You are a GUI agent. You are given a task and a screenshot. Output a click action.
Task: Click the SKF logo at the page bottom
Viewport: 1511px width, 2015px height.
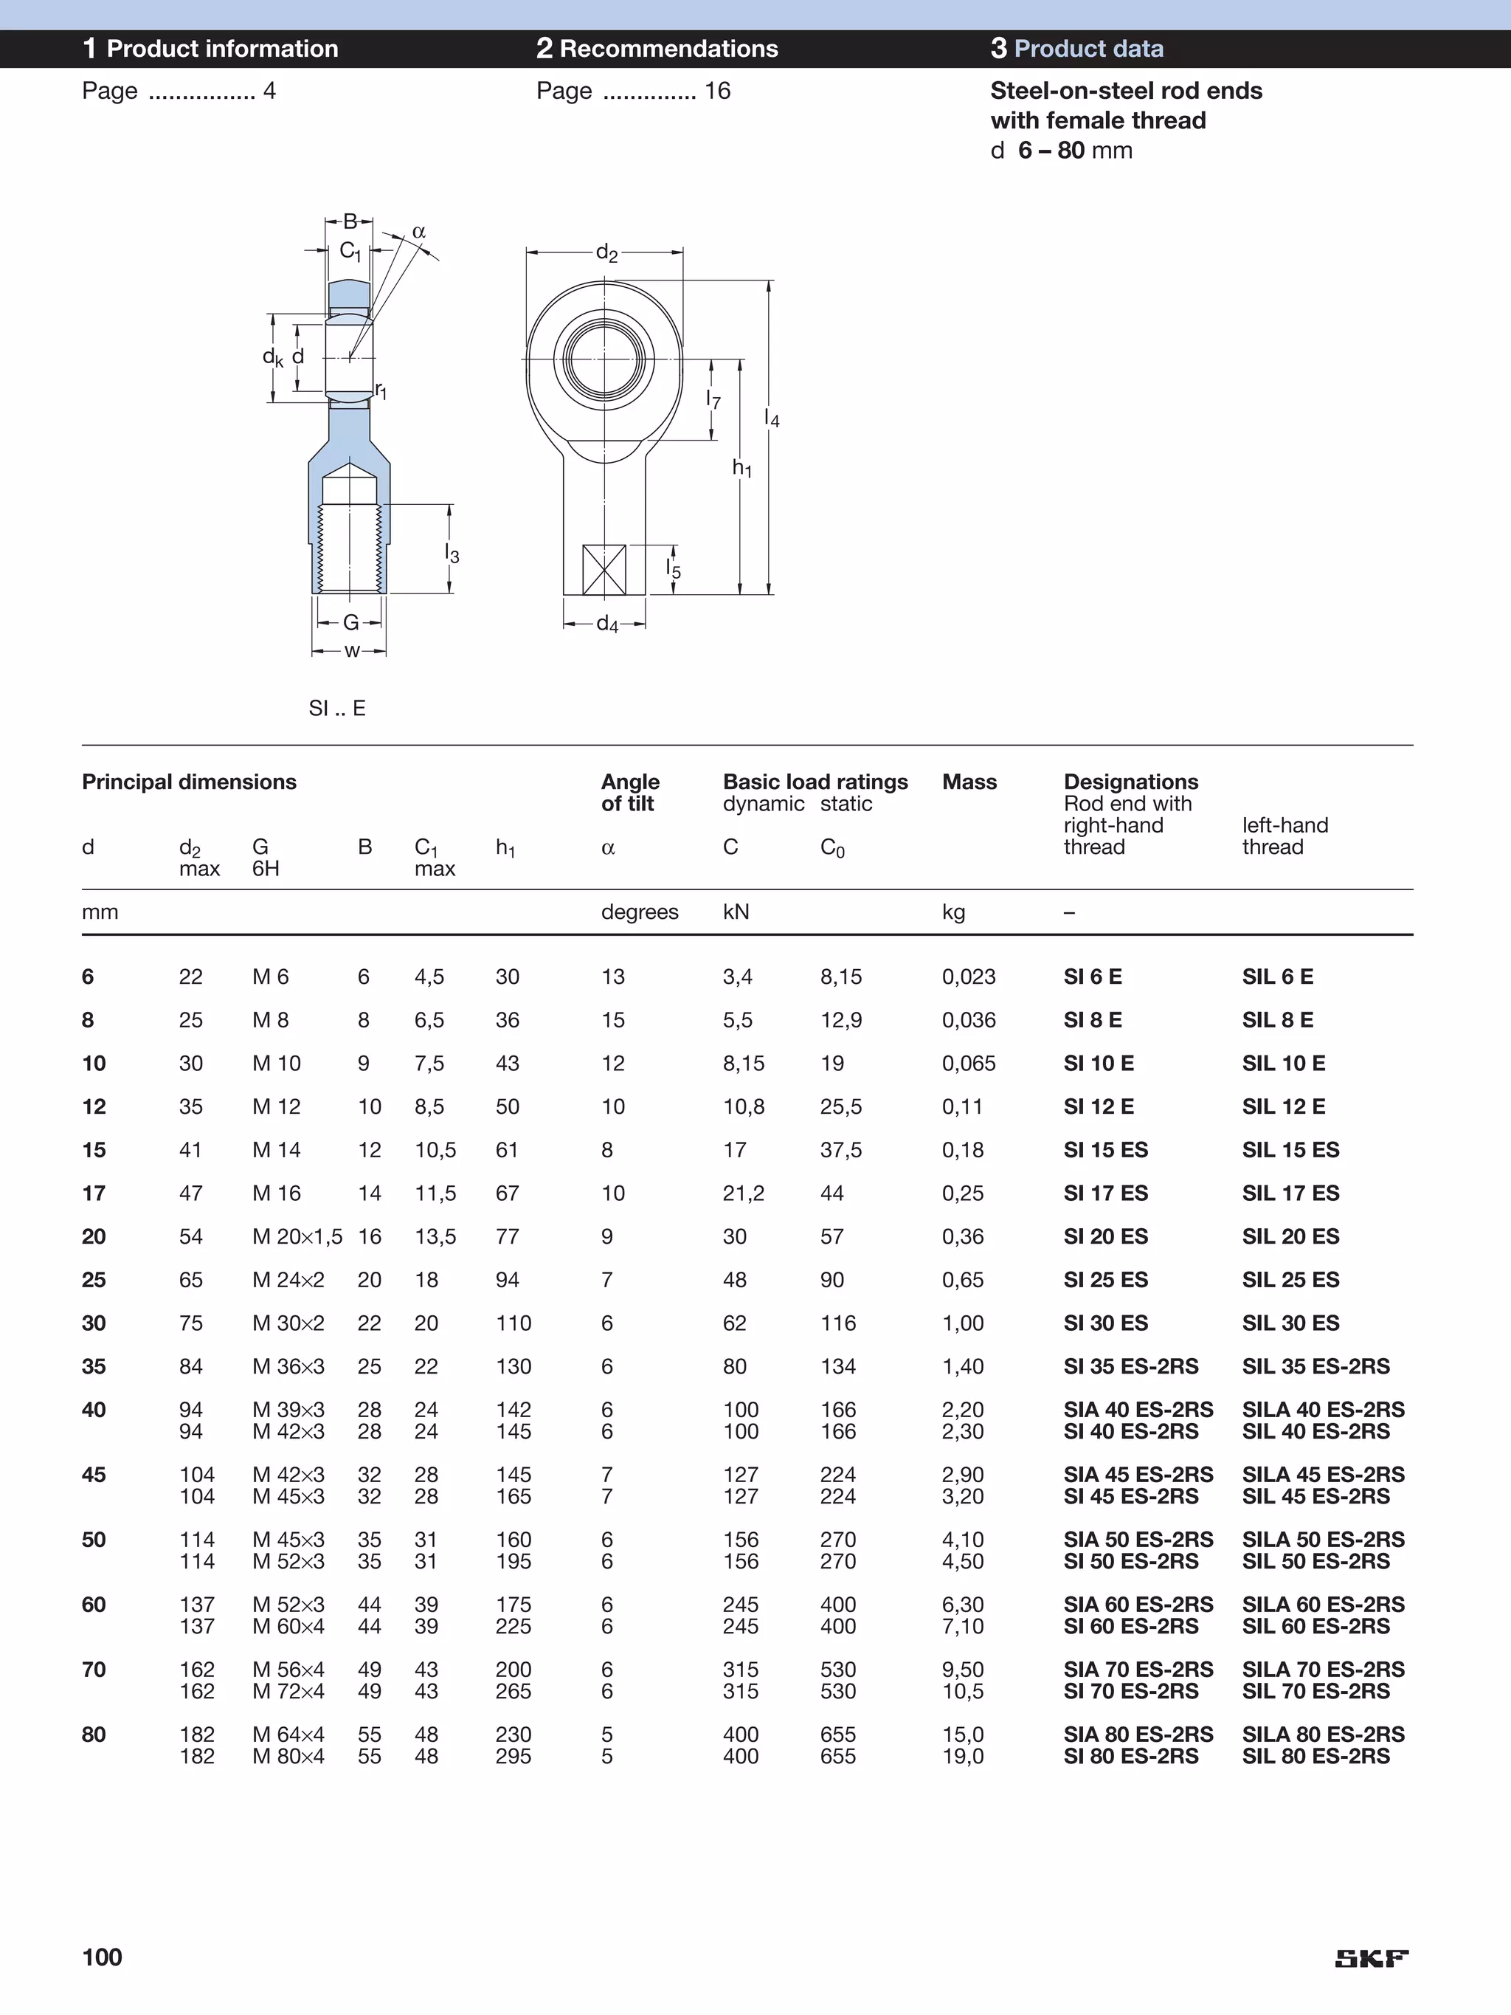(1371, 1958)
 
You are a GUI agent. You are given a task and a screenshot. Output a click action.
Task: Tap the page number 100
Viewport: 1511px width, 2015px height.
(102, 1957)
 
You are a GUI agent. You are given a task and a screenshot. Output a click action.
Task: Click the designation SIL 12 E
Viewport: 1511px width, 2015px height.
(1282, 1107)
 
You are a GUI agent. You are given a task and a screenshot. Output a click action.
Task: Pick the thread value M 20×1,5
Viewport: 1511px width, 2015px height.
(297, 1237)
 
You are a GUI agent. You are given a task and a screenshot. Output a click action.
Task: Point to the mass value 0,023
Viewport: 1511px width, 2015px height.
(968, 976)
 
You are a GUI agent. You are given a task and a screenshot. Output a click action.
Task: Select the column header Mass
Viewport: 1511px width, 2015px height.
(969, 782)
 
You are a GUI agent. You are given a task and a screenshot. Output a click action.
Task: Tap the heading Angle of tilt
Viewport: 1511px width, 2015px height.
(629, 793)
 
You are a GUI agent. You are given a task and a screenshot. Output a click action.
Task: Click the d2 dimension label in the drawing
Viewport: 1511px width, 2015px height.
(606, 252)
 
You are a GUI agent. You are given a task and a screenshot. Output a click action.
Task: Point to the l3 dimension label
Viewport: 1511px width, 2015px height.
(452, 553)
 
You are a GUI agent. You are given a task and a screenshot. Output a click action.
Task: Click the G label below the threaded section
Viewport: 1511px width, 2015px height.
(350, 622)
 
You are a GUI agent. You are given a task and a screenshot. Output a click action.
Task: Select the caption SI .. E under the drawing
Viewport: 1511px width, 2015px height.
(337, 708)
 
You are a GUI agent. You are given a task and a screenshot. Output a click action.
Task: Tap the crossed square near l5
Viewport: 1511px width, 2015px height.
(603, 569)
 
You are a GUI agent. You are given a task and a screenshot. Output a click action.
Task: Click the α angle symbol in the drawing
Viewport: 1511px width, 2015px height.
(419, 231)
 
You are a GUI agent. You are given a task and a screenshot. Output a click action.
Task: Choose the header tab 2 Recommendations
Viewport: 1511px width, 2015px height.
(657, 48)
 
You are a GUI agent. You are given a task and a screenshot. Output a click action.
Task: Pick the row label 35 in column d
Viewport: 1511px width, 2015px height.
(94, 1366)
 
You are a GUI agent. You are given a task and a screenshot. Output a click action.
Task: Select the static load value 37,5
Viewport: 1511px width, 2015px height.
(840, 1150)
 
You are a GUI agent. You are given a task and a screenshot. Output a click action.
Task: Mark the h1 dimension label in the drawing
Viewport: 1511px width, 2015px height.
(741, 468)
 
